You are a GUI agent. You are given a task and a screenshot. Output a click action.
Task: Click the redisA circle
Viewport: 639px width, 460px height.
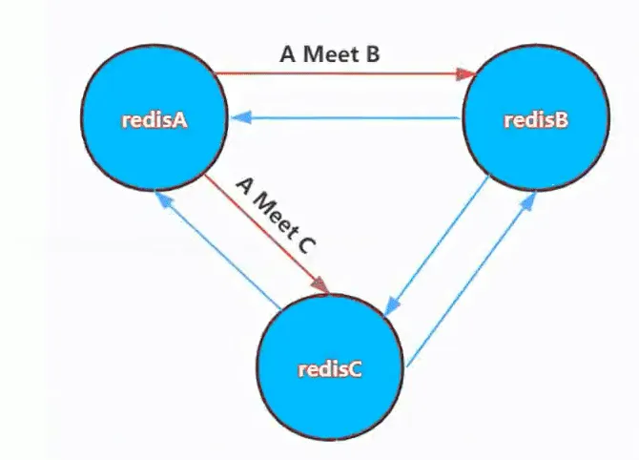click(155, 118)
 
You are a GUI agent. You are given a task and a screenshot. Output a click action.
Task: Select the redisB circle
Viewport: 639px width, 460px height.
click(536, 117)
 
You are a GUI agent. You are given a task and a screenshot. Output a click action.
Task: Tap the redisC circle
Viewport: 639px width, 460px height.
click(330, 367)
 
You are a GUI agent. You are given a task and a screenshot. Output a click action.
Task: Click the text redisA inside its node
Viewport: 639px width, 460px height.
click(155, 120)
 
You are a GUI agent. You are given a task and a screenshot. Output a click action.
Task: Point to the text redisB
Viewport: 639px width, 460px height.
click(536, 120)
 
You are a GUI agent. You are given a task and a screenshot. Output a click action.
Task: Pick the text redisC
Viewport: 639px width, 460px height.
click(330, 369)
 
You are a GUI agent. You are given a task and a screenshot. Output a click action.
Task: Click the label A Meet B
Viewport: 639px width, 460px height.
click(330, 53)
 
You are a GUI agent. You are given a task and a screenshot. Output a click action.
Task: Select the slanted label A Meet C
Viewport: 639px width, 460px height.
click(277, 216)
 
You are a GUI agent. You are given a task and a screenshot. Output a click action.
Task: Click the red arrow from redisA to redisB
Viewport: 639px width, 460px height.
click(345, 74)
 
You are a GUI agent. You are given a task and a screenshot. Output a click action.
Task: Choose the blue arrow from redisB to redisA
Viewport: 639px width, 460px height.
click(344, 118)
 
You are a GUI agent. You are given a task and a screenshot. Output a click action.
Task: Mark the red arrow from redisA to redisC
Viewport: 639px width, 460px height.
click(266, 234)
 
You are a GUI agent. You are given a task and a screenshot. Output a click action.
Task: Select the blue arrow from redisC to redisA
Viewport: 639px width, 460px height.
click(217, 250)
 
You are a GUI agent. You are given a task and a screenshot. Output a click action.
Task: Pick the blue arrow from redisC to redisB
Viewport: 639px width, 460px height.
click(471, 279)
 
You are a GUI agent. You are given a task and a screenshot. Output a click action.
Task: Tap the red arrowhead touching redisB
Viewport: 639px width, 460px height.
click(467, 74)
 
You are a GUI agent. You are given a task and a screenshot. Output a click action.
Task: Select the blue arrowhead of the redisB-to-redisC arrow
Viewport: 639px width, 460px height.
click(391, 305)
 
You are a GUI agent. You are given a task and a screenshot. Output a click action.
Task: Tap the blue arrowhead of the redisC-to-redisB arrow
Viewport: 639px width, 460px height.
click(528, 201)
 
